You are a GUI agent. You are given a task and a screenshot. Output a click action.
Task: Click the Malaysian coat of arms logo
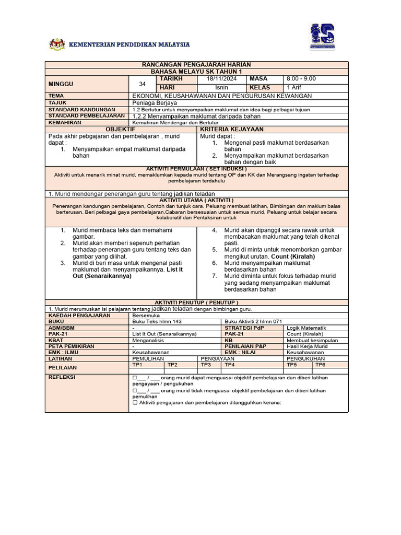57,44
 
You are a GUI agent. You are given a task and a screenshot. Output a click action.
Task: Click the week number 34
143,84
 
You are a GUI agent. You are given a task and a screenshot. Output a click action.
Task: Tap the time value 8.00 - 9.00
301,79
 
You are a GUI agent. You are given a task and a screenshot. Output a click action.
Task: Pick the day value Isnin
221,88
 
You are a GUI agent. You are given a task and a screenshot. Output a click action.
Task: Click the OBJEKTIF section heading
121,129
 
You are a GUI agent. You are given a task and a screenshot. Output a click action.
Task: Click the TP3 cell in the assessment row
205,365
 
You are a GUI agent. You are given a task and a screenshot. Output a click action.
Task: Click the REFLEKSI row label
62,377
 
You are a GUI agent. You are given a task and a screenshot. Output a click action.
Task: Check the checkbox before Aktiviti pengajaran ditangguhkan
135,403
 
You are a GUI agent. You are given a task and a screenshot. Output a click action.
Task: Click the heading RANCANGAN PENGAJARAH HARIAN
196,64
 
